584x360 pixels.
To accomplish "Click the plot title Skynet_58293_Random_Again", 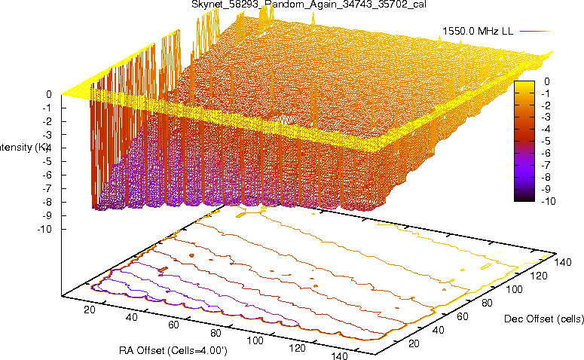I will click(293, 5).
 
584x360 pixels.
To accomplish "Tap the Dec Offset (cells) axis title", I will click(543, 319).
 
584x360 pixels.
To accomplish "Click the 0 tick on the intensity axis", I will click(48, 94).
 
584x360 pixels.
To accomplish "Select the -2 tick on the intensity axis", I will click(46, 121).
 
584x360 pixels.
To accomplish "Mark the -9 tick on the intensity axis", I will click(46, 215).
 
